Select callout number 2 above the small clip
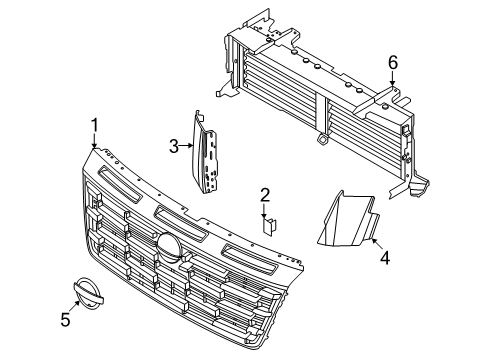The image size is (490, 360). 265,195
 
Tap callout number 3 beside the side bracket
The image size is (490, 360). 173,146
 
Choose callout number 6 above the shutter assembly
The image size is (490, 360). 393,63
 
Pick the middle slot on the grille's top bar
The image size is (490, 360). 180,219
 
